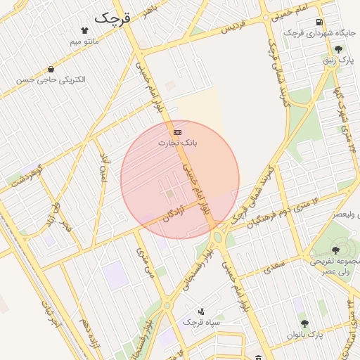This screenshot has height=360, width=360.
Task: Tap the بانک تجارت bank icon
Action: pyautogui.click(x=177, y=132)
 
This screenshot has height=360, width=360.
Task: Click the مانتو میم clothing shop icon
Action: pyautogui.click(x=85, y=31)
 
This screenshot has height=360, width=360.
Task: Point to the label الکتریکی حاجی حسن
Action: pyautogui.click(x=51, y=80)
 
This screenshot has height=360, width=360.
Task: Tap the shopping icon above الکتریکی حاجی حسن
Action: pyautogui.click(x=51, y=69)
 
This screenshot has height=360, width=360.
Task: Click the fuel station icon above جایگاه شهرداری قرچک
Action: pyautogui.click(x=321, y=22)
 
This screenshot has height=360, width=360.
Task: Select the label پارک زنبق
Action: pyautogui.click(x=338, y=60)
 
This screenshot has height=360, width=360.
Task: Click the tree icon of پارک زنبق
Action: pyautogui.click(x=338, y=49)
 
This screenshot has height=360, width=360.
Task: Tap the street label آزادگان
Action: pyautogui.click(x=178, y=212)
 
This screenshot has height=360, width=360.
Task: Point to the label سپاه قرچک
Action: pyautogui.click(x=202, y=322)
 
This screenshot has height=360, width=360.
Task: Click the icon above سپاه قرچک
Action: pyautogui.click(x=202, y=311)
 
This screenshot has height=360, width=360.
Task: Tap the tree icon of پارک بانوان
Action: pyautogui.click(x=305, y=323)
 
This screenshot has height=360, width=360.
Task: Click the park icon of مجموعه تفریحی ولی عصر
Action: pyautogui.click(x=335, y=248)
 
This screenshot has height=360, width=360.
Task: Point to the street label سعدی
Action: pyautogui.click(x=276, y=264)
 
